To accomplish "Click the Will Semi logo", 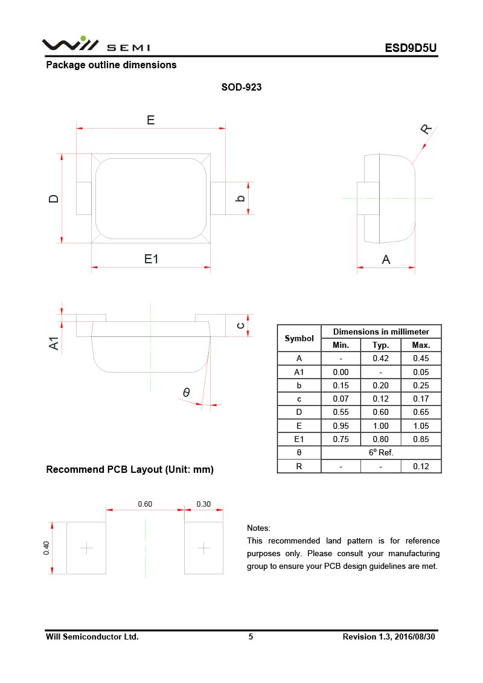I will click(x=95, y=45).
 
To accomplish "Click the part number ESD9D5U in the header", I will click(x=411, y=48).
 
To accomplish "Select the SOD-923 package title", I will click(x=241, y=87).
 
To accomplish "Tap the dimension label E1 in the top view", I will click(x=151, y=258).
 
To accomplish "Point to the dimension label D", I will click(x=54, y=198).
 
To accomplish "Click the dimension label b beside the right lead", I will click(x=240, y=197).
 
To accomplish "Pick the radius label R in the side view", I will click(x=426, y=129).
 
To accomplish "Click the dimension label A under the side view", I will click(x=386, y=260).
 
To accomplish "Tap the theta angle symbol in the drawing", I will click(x=187, y=393).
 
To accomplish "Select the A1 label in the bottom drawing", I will click(x=54, y=343).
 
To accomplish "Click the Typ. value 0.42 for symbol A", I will click(x=380, y=358).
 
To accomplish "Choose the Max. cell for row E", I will click(x=421, y=426).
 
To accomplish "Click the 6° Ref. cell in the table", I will click(x=380, y=452).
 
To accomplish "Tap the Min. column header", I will click(x=341, y=345).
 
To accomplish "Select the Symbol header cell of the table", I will click(x=299, y=338).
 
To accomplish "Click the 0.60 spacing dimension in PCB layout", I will click(x=145, y=504).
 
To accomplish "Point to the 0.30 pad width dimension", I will click(x=203, y=504).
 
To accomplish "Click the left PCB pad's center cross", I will click(x=87, y=548).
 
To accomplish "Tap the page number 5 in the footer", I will click(x=251, y=637).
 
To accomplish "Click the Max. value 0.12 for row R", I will click(x=421, y=466).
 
